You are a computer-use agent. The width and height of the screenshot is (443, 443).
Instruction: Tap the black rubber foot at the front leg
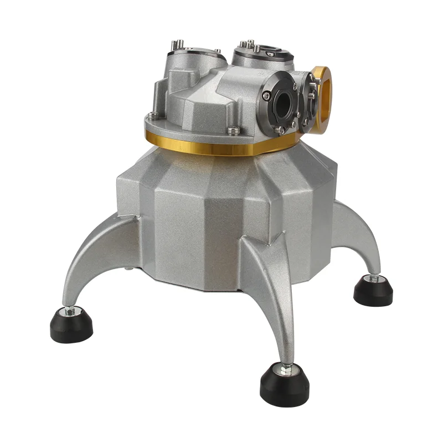[285, 385]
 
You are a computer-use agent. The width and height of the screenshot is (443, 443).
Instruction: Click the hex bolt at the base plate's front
[234, 131]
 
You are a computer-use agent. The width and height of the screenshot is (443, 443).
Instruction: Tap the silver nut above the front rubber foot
[285, 368]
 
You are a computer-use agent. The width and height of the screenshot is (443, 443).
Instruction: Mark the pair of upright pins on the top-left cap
[178, 44]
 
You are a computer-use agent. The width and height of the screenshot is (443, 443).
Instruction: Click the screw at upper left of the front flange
[267, 96]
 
